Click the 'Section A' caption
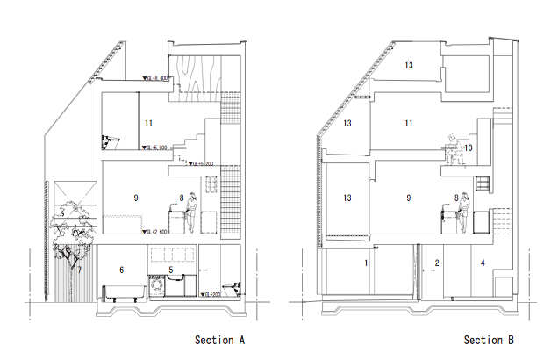coord(218,340)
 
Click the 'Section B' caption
coord(490,340)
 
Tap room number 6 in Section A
coord(121,270)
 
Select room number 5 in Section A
coord(172,270)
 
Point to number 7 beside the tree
coord(79,270)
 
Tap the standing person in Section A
coord(190,210)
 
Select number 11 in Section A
coord(149,123)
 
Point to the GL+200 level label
coord(213,294)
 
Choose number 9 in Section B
coord(409,198)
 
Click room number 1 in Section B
coord(366,263)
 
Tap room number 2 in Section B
coord(436,263)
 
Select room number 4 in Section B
coord(483,263)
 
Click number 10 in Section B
coord(469,148)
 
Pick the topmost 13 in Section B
coord(409,65)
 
